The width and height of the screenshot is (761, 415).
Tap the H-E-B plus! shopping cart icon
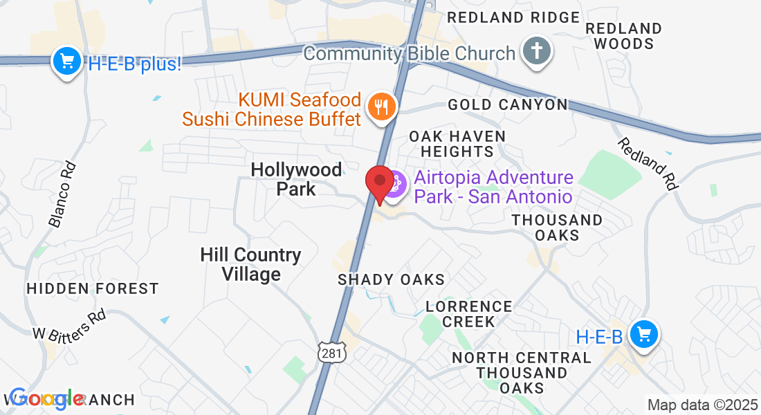click(67, 63)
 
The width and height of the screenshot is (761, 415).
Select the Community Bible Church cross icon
click(536, 53)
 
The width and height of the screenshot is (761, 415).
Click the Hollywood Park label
click(296, 178)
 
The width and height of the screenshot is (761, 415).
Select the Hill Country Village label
click(250, 264)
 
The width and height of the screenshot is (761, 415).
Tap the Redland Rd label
click(648, 163)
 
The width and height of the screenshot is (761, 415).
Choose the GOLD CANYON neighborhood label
click(508, 104)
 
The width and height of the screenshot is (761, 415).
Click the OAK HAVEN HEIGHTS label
click(457, 143)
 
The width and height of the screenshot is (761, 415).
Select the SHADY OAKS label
click(391, 279)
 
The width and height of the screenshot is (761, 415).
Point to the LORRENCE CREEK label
click(469, 313)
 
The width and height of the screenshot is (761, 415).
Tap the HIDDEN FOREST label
click(93, 288)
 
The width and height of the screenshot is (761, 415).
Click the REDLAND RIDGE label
click(513, 17)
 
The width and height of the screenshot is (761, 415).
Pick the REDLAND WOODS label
click(623, 36)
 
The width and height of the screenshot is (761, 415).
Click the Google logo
click(47, 398)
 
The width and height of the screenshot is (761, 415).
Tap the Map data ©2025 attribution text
click(702, 404)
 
